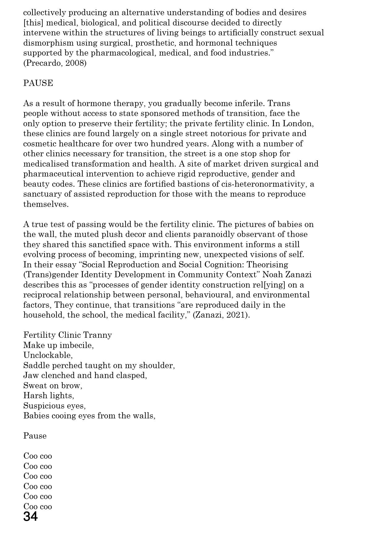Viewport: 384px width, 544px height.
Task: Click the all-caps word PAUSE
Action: pos(38,83)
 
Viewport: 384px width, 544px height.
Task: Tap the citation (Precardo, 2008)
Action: pos(55,63)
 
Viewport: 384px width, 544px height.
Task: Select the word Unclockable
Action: pos(48,355)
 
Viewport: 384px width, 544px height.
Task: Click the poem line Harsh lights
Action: pos(49,395)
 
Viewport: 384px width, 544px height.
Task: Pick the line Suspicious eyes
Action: pos(55,406)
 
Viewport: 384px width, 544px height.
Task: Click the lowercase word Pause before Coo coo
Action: pos(35,436)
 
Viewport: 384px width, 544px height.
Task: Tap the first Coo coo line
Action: pos(37,456)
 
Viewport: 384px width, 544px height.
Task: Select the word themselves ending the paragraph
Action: pos(46,204)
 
